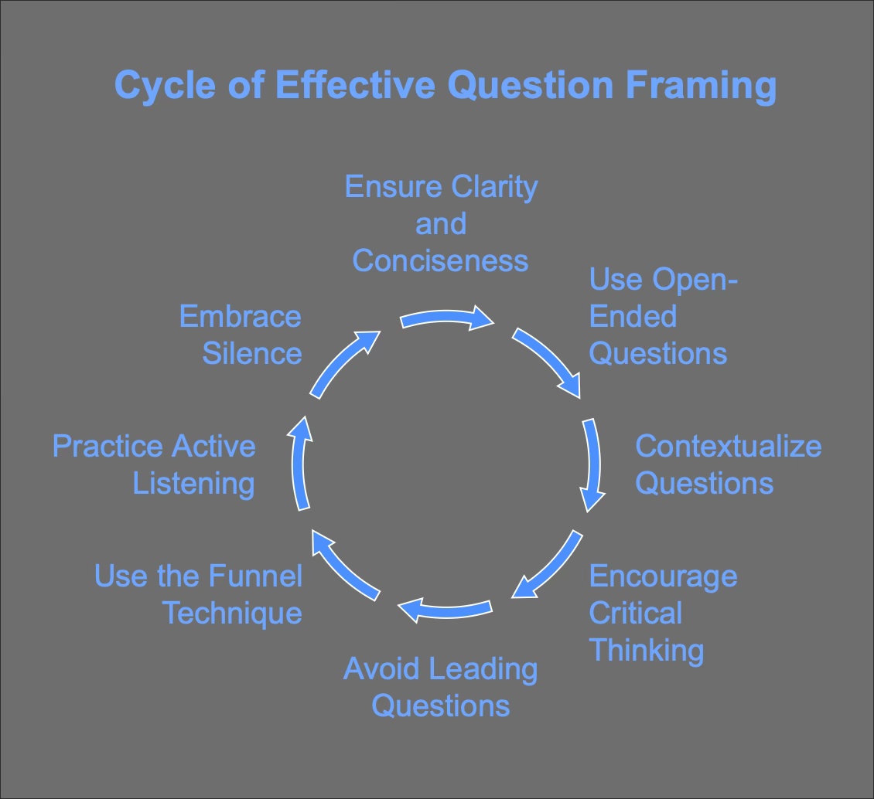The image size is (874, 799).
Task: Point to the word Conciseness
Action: pyautogui.click(x=440, y=260)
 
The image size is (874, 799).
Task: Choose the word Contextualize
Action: pyautogui.click(x=728, y=447)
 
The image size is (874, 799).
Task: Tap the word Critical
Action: pyautogui.click(x=635, y=614)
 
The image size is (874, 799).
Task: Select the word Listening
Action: pyautogui.click(x=193, y=484)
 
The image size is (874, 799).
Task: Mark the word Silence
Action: pyautogui.click(x=251, y=354)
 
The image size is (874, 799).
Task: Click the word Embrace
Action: pyautogui.click(x=240, y=317)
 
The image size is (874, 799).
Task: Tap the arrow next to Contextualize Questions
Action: pyautogui.click(x=592, y=464)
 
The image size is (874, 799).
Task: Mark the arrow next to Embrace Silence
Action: pyautogui.click(x=343, y=363)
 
